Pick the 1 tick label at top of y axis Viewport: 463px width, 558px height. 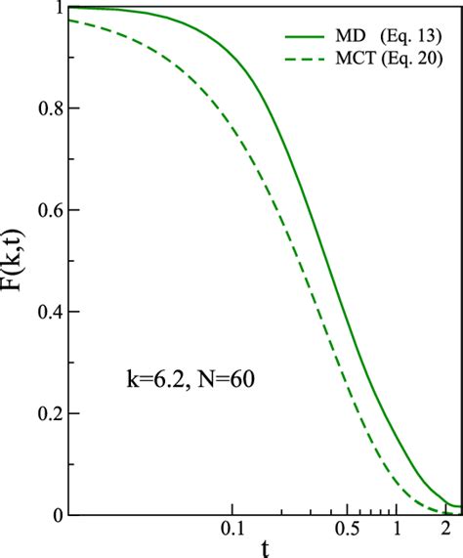pos(60,8)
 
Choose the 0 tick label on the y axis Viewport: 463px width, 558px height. pos(60,515)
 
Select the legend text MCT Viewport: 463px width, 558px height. pos(355,62)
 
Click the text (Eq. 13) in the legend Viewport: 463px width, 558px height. pos(409,37)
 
